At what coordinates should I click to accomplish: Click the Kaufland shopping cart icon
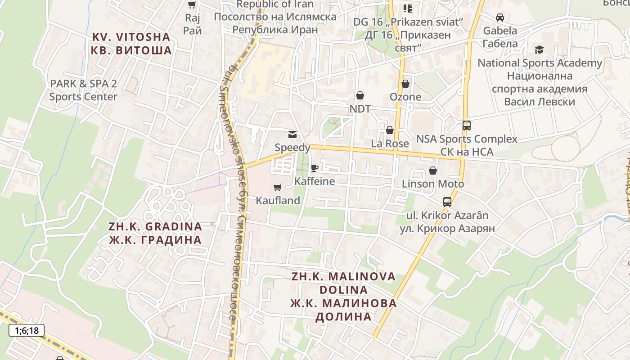(x=278, y=187)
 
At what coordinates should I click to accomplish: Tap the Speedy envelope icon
(x=292, y=134)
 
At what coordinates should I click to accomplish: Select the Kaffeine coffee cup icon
(x=314, y=168)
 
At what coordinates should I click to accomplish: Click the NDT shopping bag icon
(x=360, y=95)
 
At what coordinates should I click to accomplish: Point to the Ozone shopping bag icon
(x=405, y=84)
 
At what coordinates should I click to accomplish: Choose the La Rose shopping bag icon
(x=390, y=130)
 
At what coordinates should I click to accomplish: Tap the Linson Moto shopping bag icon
(x=433, y=171)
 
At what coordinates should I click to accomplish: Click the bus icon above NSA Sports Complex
(x=467, y=126)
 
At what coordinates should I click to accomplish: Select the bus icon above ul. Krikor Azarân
(x=447, y=202)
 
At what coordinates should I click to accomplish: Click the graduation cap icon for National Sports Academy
(x=539, y=49)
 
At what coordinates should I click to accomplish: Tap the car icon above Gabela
(x=500, y=18)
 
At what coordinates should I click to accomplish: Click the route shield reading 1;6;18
(x=27, y=331)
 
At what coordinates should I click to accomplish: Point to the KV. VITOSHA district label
(x=131, y=43)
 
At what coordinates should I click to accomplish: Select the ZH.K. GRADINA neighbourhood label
(x=155, y=233)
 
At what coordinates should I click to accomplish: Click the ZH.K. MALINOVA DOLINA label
(x=344, y=296)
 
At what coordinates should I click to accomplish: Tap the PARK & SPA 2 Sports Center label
(x=83, y=90)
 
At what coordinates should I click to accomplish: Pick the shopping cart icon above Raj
(x=192, y=5)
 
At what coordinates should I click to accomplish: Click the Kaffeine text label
(x=315, y=181)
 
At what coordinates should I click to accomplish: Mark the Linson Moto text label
(x=433, y=184)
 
